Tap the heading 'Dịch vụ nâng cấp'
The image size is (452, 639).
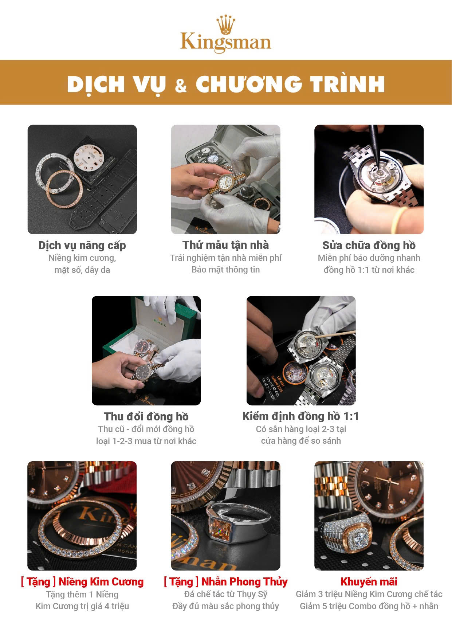(82, 246)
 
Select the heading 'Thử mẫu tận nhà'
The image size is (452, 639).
(226, 245)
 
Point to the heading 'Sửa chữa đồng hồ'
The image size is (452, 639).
(369, 245)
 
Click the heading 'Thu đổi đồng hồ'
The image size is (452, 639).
(146, 416)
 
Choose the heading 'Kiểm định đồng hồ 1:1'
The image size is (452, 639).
(301, 416)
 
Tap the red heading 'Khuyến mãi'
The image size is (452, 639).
(369, 582)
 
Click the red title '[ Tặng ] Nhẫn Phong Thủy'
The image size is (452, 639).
(226, 582)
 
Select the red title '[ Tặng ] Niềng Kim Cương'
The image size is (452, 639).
(82, 582)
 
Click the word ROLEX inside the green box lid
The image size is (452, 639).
(160, 323)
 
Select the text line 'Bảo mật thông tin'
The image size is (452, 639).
(226, 270)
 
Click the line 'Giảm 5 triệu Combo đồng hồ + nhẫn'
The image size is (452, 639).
(369, 606)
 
